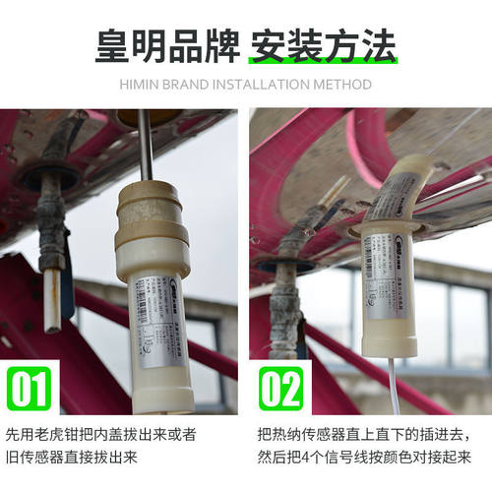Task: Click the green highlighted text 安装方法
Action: [x=323, y=45]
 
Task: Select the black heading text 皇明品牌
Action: [x=166, y=45]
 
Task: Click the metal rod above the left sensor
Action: [x=145, y=143]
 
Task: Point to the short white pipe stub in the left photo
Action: [x=52, y=300]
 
